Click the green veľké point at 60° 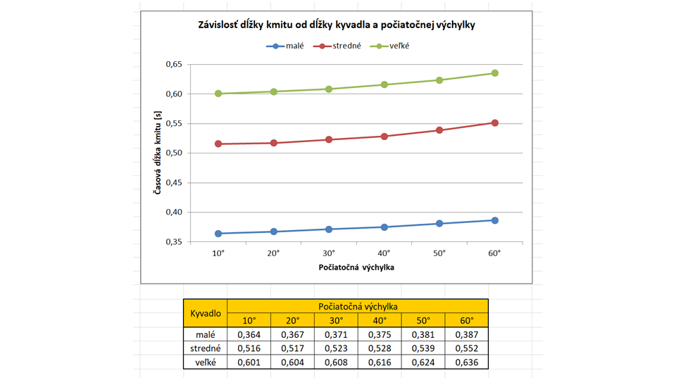coord(495,73)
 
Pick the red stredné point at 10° coord(218,144)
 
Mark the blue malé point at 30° coord(329,229)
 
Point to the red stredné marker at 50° coord(439,130)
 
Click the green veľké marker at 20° coord(273,91)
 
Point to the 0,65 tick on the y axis coord(173,65)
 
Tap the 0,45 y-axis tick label coord(173,183)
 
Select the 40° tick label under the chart coord(384,253)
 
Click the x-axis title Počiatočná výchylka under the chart coord(356,267)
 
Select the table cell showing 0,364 coord(249,334)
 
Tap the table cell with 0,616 coord(379,362)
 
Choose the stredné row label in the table coord(206,348)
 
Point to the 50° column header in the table coord(423,321)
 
